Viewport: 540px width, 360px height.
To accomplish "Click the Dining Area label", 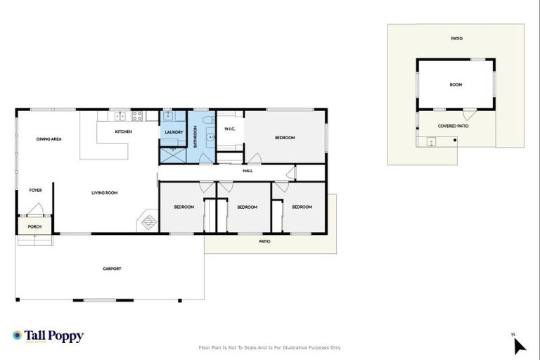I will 49,139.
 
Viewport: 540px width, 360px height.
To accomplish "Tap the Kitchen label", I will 123,132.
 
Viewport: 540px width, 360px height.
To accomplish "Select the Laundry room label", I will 174,132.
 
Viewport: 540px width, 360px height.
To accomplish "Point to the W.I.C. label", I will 229,129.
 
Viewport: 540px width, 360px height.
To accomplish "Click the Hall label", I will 247,171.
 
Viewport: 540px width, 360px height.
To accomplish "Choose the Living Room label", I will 104,193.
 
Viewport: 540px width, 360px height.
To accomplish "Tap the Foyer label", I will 35,191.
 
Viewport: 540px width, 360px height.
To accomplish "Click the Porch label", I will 34,226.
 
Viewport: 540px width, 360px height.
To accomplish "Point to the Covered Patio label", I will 453,126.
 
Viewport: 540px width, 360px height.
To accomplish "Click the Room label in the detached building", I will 456,84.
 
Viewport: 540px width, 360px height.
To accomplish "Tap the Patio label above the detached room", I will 457,39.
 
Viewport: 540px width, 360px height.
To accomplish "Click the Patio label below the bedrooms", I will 264,241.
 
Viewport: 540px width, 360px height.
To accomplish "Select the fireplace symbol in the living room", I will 148,221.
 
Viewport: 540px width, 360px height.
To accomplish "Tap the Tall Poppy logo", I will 48,336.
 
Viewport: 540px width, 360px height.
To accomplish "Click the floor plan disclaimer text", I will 270,347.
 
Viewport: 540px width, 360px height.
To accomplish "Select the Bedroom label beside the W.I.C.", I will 285,138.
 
